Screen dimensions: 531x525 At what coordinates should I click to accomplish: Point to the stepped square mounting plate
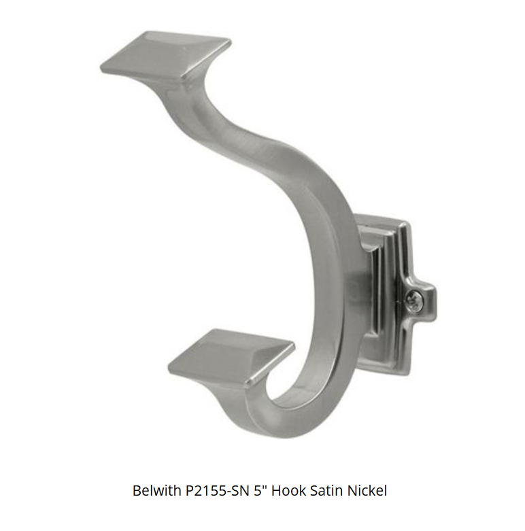[384, 292]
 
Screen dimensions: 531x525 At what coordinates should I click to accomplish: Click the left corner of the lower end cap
[170, 361]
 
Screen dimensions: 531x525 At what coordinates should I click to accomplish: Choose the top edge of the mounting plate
[381, 221]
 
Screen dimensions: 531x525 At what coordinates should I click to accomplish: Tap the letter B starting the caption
[137, 491]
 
